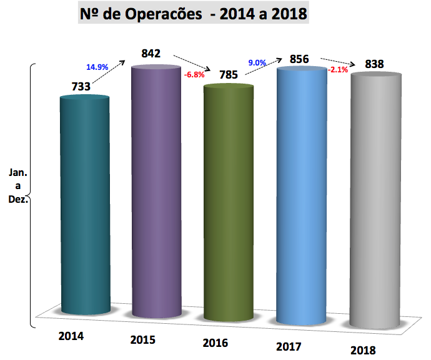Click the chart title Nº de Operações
click(x=194, y=13)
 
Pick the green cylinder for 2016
click(x=229, y=200)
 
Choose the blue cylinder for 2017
click(x=302, y=193)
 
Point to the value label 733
click(x=81, y=87)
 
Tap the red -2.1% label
click(x=338, y=70)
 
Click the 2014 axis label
click(x=71, y=336)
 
